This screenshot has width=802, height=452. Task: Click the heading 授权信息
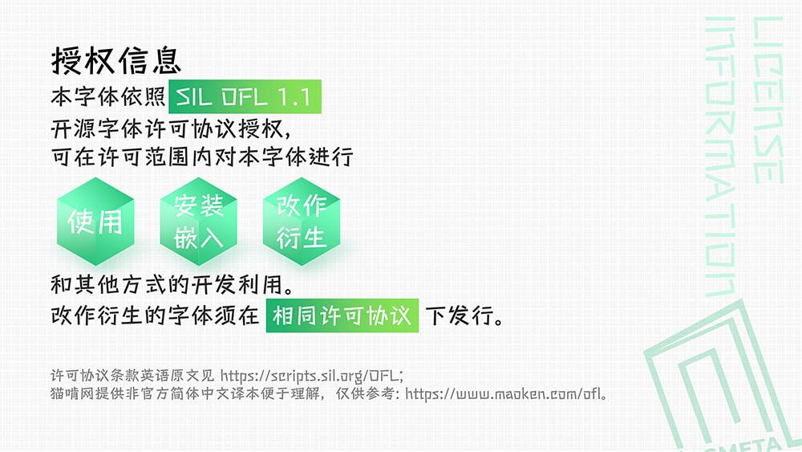116,61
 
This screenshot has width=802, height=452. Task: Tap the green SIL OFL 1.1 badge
245,96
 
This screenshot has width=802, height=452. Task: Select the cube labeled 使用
95,221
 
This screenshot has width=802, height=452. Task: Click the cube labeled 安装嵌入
198,221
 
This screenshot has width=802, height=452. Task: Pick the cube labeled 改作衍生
302,221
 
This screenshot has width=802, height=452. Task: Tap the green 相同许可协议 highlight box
342,316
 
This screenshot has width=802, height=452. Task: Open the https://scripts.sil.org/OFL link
312,377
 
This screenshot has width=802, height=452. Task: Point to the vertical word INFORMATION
721,156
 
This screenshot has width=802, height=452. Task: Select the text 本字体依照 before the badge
108,96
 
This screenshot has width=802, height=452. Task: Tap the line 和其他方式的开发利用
172,284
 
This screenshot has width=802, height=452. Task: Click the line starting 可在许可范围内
202,157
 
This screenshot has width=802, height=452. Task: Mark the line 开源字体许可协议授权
171,128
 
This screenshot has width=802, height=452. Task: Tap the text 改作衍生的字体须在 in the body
155,316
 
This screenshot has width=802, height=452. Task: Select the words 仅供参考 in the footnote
364,393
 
